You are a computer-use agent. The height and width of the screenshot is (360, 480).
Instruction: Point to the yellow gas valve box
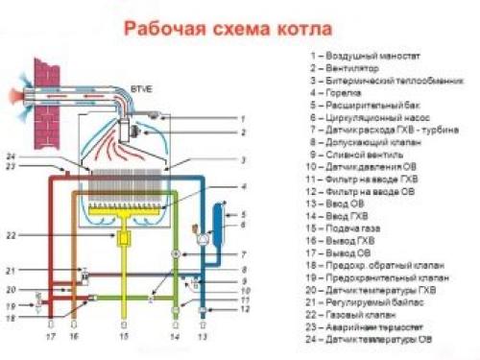click(x=125, y=235)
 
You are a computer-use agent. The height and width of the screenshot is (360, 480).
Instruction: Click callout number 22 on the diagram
click(x=37, y=235)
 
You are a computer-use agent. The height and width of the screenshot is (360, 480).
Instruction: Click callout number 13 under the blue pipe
click(x=202, y=339)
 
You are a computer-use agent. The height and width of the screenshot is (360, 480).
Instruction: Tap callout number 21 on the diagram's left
click(x=37, y=272)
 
